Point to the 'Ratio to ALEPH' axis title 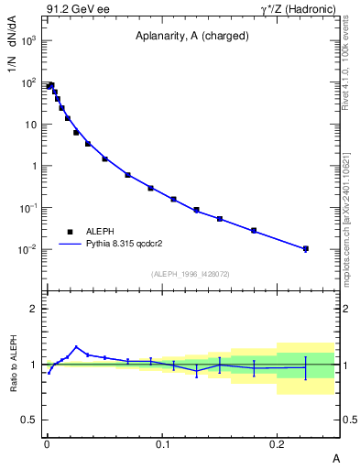(13, 364)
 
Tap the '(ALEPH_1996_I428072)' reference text (191, 274)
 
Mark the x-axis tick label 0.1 (162, 442)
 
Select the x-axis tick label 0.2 (278, 442)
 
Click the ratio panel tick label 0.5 (27, 420)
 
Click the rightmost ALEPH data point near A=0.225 (306, 248)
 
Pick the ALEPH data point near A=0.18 (254, 230)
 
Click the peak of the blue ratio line (76, 347)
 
